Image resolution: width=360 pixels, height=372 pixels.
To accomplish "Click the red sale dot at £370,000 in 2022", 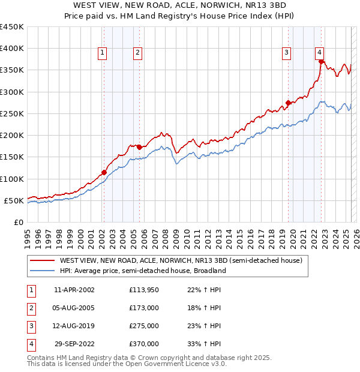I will (x=322, y=61).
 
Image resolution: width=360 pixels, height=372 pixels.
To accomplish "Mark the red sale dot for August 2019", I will (x=288, y=103).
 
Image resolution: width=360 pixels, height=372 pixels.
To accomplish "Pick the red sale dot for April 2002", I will (x=104, y=172).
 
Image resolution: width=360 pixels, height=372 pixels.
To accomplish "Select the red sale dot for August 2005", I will (x=139, y=147).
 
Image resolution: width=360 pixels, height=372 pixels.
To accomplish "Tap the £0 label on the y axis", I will (x=18, y=222).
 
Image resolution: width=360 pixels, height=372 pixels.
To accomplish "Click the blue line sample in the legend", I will (x=42, y=271).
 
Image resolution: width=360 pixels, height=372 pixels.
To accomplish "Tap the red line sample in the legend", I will (x=42, y=260).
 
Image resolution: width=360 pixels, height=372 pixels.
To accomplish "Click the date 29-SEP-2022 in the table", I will (x=74, y=344).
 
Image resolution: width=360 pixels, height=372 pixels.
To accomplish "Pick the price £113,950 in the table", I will (x=143, y=290).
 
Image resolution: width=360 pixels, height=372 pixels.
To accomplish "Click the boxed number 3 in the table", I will (x=31, y=326).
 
